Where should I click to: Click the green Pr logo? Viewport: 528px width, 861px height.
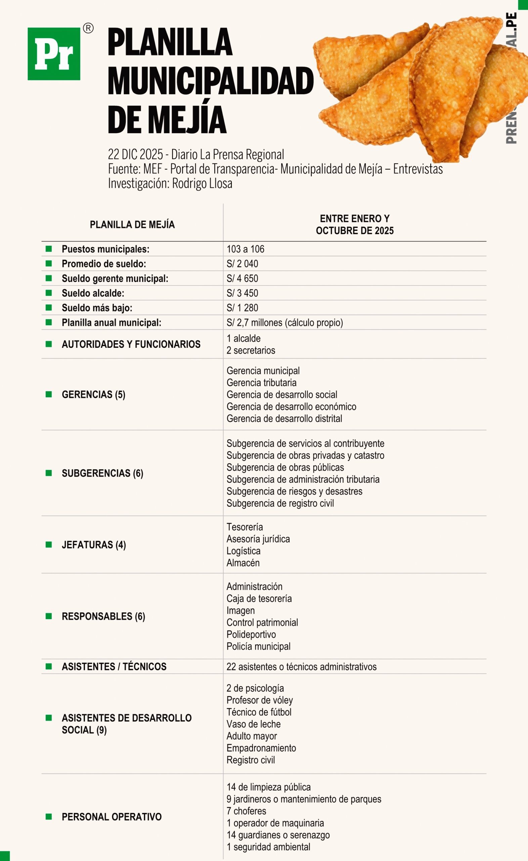[54, 54]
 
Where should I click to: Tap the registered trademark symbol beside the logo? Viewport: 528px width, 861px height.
[88, 28]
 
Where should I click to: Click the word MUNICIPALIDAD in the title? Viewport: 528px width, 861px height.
[211, 81]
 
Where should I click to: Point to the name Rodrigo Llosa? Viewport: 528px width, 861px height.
[202, 184]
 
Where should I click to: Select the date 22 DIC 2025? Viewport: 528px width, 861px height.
[135, 154]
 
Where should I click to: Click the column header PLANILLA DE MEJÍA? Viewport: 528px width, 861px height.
[132, 224]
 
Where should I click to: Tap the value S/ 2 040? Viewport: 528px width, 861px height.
[243, 264]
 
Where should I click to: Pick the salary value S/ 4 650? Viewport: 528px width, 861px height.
[243, 278]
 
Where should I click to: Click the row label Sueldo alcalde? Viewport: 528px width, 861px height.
[93, 293]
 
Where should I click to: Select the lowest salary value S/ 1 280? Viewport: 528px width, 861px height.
[243, 308]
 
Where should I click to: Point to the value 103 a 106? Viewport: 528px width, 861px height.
[246, 249]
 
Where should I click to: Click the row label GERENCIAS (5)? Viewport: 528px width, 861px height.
[94, 394]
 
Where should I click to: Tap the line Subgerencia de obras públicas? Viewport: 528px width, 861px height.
[285, 467]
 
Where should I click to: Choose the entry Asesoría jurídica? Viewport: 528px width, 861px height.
[258, 539]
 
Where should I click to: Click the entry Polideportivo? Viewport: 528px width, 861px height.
[251, 634]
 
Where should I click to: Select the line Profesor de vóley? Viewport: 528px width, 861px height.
[259, 700]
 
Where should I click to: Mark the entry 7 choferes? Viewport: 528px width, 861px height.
[246, 811]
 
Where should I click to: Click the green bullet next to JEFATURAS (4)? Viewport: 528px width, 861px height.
[49, 545]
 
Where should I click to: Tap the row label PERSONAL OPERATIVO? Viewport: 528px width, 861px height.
[112, 817]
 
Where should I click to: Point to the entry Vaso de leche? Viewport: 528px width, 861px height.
[254, 724]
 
